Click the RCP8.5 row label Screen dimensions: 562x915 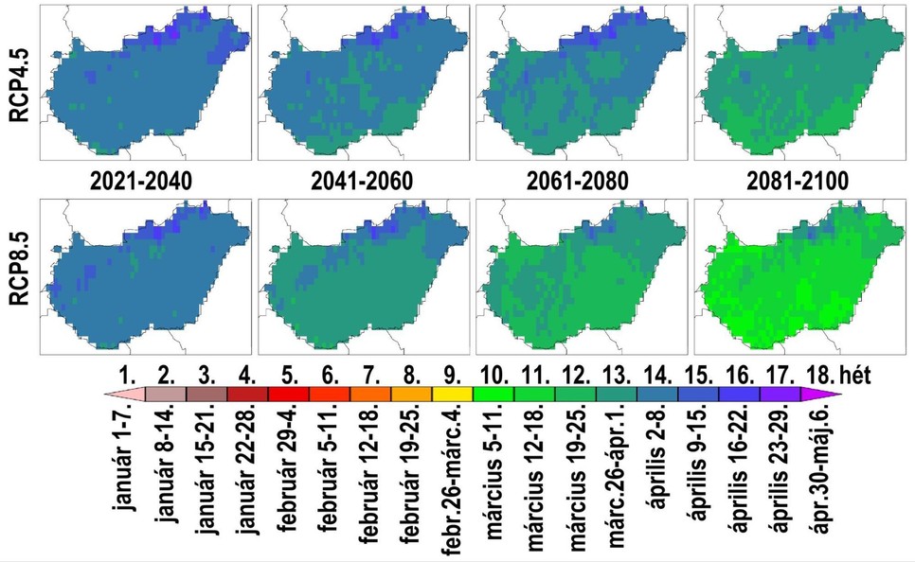pyautogui.click(x=18, y=272)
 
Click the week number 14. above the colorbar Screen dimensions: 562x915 pyautogui.click(x=656, y=376)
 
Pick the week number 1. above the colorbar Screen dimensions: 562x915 pyautogui.click(x=125, y=376)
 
